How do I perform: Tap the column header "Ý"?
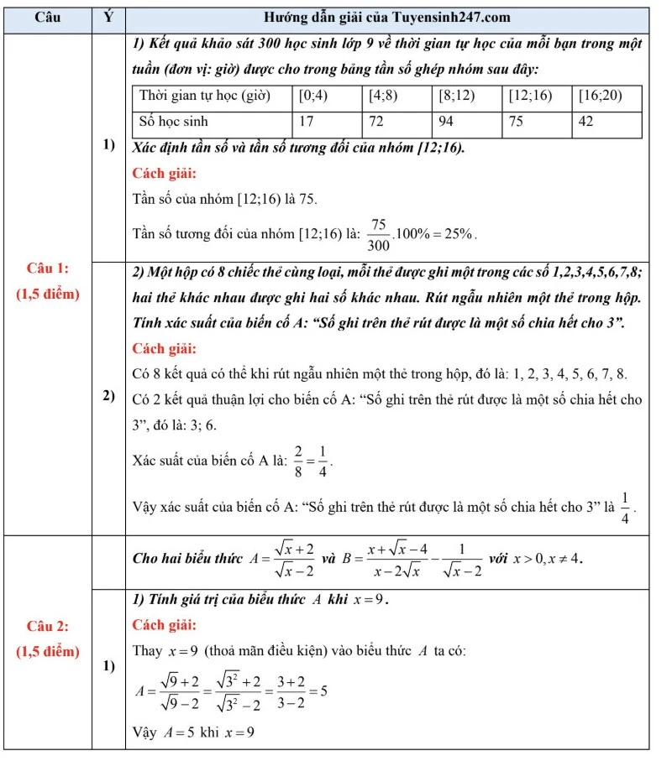click(x=108, y=18)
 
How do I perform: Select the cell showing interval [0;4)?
click(x=313, y=96)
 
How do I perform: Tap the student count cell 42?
click(x=585, y=122)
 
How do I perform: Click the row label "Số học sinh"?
click(x=173, y=122)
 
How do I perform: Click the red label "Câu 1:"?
click(x=48, y=268)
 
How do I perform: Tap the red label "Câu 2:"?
click(x=48, y=626)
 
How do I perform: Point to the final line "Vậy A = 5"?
click(x=194, y=732)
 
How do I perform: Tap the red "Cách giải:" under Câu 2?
click(x=165, y=625)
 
